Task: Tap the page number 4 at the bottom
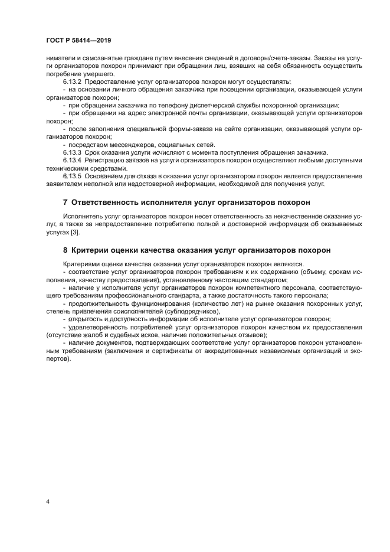click(x=48, y=502)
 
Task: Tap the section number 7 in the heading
click(x=65, y=202)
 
